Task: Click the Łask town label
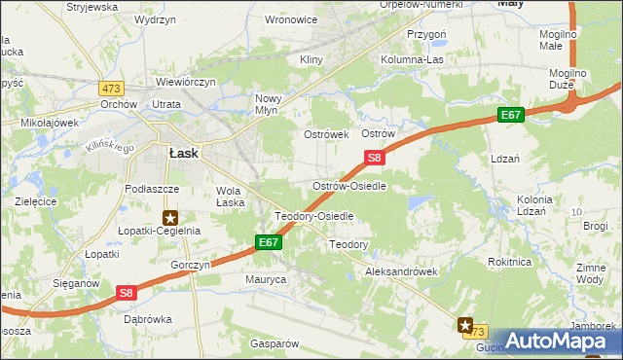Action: click(x=184, y=153)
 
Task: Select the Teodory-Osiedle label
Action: click(x=313, y=215)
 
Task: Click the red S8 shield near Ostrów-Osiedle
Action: click(x=375, y=157)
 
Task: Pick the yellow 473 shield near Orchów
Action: click(x=109, y=88)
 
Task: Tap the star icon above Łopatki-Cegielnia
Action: click(x=171, y=218)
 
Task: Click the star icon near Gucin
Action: click(x=465, y=326)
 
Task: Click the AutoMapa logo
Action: click(x=560, y=340)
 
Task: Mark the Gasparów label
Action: click(x=274, y=343)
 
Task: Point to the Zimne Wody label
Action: click(x=591, y=272)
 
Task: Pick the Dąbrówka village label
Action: click(x=148, y=318)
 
